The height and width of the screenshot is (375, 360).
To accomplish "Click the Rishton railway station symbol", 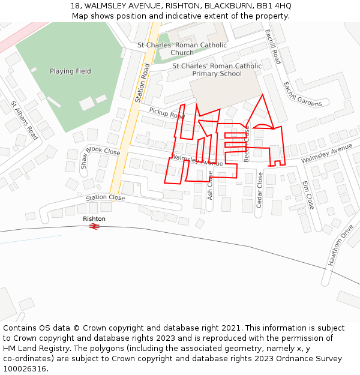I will (94, 227).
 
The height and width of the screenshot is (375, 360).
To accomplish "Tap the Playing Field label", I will (70, 71).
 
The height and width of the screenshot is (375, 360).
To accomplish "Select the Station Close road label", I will (105, 198).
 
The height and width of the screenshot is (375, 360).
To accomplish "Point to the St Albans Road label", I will (24, 120).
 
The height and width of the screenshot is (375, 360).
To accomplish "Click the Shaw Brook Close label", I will (100, 156).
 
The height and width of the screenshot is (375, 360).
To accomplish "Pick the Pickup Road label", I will (167, 113).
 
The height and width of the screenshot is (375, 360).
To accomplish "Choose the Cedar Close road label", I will (260, 190).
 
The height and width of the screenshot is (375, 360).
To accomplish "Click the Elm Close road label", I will (308, 195).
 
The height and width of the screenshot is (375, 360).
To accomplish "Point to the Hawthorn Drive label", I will (339, 245).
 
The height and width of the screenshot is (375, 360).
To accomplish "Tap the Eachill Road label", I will (272, 47).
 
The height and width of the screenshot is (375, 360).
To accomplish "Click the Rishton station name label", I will (94, 219).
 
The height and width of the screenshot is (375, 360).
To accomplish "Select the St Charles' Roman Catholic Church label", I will (182, 49).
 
